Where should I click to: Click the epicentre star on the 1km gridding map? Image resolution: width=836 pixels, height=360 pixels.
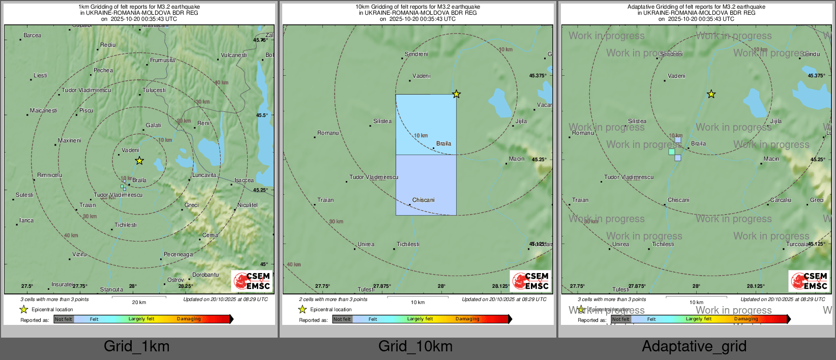point(139,161)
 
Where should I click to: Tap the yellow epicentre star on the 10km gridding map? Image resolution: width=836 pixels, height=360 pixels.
point(457,94)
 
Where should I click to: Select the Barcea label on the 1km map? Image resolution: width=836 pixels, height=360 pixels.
point(32,36)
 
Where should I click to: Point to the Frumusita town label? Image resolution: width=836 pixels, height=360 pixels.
point(163,60)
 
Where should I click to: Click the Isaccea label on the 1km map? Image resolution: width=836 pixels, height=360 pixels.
point(244,180)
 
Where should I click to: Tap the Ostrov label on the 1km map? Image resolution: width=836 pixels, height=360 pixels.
point(175,280)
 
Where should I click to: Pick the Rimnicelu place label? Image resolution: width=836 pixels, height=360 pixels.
point(50,175)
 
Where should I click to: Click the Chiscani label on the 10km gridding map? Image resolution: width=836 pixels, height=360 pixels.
point(424,200)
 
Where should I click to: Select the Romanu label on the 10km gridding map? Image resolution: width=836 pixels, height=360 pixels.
point(328,133)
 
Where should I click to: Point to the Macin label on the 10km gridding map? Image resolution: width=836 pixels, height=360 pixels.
point(517,159)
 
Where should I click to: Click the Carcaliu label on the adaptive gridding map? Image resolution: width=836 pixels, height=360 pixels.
point(781,200)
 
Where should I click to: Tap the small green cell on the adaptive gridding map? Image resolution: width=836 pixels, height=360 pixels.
point(672,152)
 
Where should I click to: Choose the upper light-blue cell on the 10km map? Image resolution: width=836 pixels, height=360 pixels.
point(426,124)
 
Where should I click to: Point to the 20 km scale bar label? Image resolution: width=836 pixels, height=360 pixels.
point(139,302)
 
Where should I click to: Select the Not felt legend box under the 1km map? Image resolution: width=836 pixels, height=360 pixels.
point(64,319)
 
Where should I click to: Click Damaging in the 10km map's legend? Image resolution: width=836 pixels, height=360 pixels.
point(467,319)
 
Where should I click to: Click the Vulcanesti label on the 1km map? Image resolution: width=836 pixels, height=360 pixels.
point(234,55)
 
